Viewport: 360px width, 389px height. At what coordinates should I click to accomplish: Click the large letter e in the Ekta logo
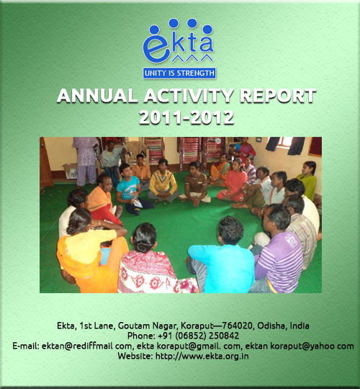pyautogui.click(x=157, y=48)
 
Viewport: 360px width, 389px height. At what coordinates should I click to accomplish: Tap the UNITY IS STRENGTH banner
pyautogui.click(x=179, y=73)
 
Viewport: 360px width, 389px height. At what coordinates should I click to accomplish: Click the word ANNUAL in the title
pyautogui.click(x=97, y=96)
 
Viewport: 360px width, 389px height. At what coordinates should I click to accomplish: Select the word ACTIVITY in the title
pyautogui.click(x=189, y=96)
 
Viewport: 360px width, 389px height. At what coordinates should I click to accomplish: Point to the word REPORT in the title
pyautogui.click(x=278, y=96)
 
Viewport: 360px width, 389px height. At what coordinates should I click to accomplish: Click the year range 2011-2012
pyautogui.click(x=186, y=117)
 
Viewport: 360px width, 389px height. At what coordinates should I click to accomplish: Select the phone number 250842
pyautogui.click(x=224, y=336)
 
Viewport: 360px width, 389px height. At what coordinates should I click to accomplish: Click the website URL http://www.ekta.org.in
pyautogui.click(x=202, y=356)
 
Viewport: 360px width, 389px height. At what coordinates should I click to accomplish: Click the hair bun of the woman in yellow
pyautogui.click(x=71, y=230)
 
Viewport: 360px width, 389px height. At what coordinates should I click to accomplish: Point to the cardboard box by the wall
pyautogui.click(x=71, y=171)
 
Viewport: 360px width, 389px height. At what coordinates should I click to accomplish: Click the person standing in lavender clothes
pyautogui.click(x=85, y=161)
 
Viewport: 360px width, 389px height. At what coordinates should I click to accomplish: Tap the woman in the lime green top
pyautogui.click(x=307, y=180)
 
